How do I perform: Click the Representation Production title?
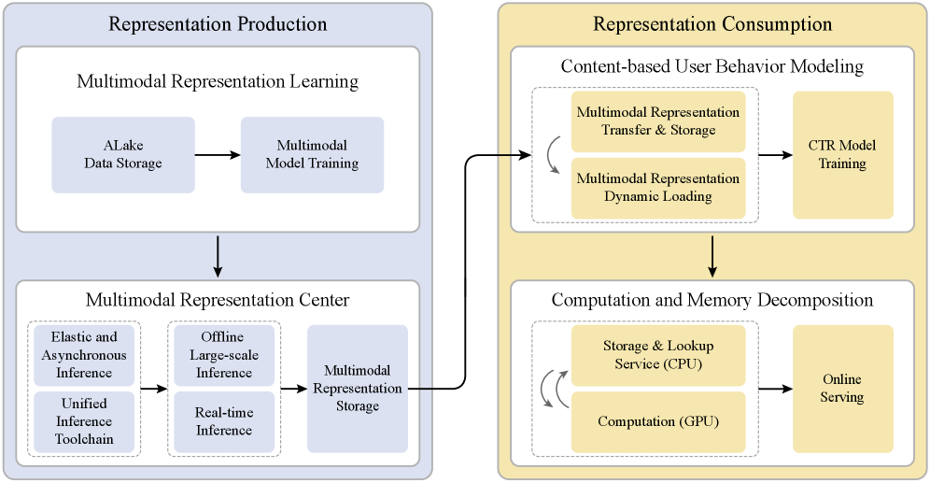coord(218,24)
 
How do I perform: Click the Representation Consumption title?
coord(712,24)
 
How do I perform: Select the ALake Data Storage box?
coord(123,155)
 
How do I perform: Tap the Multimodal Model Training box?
coord(312,155)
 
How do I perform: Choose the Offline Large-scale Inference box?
coord(224,355)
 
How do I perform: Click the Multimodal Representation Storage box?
coord(358,389)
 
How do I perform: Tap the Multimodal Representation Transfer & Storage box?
coord(658,121)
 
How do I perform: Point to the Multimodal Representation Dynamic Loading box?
coord(658,188)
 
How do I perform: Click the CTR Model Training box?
coord(842,155)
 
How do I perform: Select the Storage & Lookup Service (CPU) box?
coord(658,355)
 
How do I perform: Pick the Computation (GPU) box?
coord(658,422)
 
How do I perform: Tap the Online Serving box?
coord(842,389)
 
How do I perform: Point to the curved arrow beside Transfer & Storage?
coord(552,155)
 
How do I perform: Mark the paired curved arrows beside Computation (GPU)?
coord(551,389)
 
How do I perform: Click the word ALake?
coord(123,146)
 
